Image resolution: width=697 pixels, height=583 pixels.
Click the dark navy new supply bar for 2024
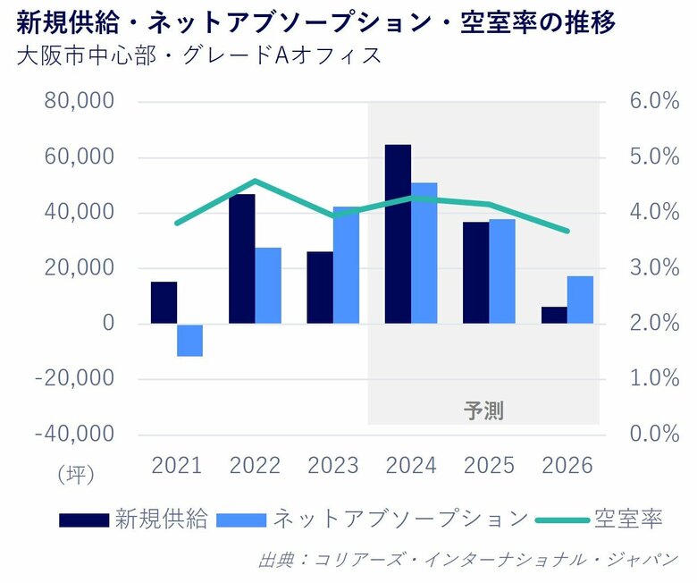click(x=398, y=233)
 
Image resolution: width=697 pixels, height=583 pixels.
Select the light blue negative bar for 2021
click(x=189, y=340)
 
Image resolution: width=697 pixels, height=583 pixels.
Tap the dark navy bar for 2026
click(x=554, y=315)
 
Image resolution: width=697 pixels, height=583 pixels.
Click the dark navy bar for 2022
click(x=241, y=258)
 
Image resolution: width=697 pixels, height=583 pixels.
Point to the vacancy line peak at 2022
click(x=256, y=182)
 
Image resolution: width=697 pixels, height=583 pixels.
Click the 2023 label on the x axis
click(x=333, y=466)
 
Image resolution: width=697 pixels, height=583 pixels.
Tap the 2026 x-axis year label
click(x=568, y=466)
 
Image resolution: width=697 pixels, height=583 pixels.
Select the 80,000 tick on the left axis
click(x=78, y=102)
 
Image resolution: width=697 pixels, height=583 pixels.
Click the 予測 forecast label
click(x=483, y=410)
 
